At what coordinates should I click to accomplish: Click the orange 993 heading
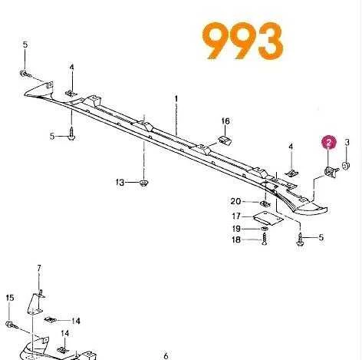(243, 41)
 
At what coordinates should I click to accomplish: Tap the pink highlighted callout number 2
(329, 143)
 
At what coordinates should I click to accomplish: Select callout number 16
(225, 121)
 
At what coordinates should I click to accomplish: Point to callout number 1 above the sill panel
(176, 98)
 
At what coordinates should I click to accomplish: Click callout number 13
(120, 183)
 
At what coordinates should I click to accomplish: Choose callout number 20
(235, 201)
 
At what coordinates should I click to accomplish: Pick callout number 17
(236, 216)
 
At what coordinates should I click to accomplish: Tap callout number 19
(236, 228)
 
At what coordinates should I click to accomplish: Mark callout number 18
(236, 239)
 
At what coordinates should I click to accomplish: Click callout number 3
(347, 142)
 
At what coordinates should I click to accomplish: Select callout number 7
(39, 268)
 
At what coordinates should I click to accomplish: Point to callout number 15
(10, 298)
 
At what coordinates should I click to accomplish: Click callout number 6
(166, 355)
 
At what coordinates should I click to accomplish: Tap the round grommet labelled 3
(346, 166)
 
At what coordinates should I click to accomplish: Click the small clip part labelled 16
(225, 140)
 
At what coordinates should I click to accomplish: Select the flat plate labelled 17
(268, 218)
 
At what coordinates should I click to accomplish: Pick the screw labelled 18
(265, 239)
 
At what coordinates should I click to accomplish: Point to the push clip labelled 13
(144, 183)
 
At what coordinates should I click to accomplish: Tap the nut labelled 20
(265, 204)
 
